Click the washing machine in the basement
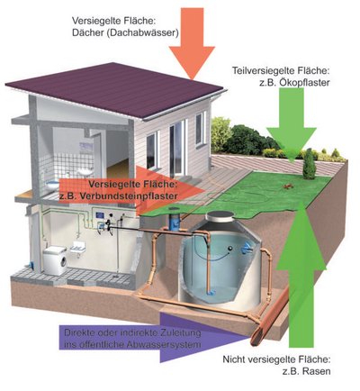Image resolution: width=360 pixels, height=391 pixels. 55,260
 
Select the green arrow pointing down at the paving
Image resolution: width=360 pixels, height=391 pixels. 292,124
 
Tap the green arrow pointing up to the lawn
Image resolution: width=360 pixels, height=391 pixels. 301,277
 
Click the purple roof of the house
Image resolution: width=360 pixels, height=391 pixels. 115,88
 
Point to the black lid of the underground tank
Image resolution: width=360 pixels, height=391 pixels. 220,214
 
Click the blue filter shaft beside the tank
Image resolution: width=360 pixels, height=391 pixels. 175,221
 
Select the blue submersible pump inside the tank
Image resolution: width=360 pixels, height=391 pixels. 210,291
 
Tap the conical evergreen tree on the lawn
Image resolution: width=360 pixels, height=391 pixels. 309,164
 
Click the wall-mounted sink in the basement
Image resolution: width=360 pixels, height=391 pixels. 77,248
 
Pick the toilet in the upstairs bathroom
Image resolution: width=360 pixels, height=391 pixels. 53,184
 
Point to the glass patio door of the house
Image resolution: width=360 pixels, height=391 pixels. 176,150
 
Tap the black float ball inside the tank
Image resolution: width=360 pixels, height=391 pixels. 230,248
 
